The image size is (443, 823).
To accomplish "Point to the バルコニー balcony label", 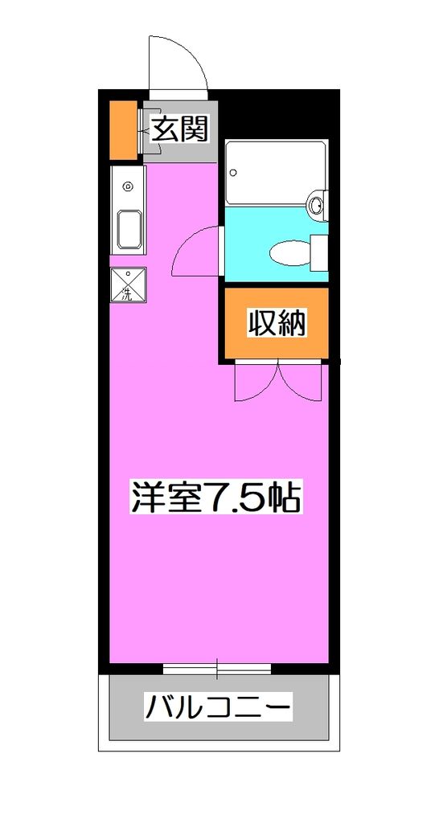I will pos(217,709).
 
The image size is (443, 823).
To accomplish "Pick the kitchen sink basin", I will pos(129,229).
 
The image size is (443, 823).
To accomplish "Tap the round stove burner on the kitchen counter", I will pos(127,187).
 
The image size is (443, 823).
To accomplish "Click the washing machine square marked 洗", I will pos(128,285).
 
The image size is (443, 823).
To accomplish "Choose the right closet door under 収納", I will pos(299,381).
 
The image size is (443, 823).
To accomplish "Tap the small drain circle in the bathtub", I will pos(234,171).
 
